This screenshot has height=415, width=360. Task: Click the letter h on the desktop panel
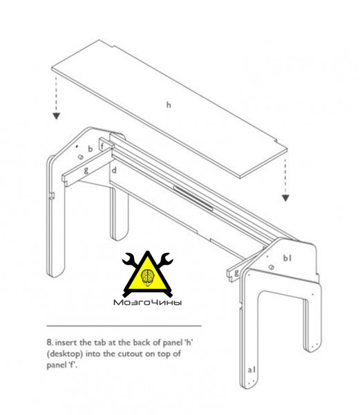click(x=169, y=105)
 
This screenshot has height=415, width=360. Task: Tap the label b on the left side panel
click(x=91, y=149)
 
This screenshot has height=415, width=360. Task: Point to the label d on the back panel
click(x=114, y=170)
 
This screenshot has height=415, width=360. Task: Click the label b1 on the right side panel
click(x=287, y=258)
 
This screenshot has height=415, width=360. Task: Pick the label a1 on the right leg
click(x=252, y=369)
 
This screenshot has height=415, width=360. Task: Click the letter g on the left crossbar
click(x=86, y=170)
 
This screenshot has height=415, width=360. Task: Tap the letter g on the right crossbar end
click(x=236, y=273)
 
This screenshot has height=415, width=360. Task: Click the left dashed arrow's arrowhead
click(x=56, y=116)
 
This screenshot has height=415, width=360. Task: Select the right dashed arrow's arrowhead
click(x=285, y=198)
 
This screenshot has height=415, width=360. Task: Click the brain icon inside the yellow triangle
click(x=148, y=277)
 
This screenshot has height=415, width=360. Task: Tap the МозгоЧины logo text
click(x=147, y=302)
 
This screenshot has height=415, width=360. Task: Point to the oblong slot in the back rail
click(x=193, y=199)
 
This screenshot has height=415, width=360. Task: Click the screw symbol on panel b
click(x=81, y=157)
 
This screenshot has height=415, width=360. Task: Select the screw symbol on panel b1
click(x=271, y=267)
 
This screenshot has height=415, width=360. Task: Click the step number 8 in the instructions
click(x=50, y=342)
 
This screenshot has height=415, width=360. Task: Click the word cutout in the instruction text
click(x=130, y=354)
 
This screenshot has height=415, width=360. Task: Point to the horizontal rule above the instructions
click(x=124, y=326)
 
